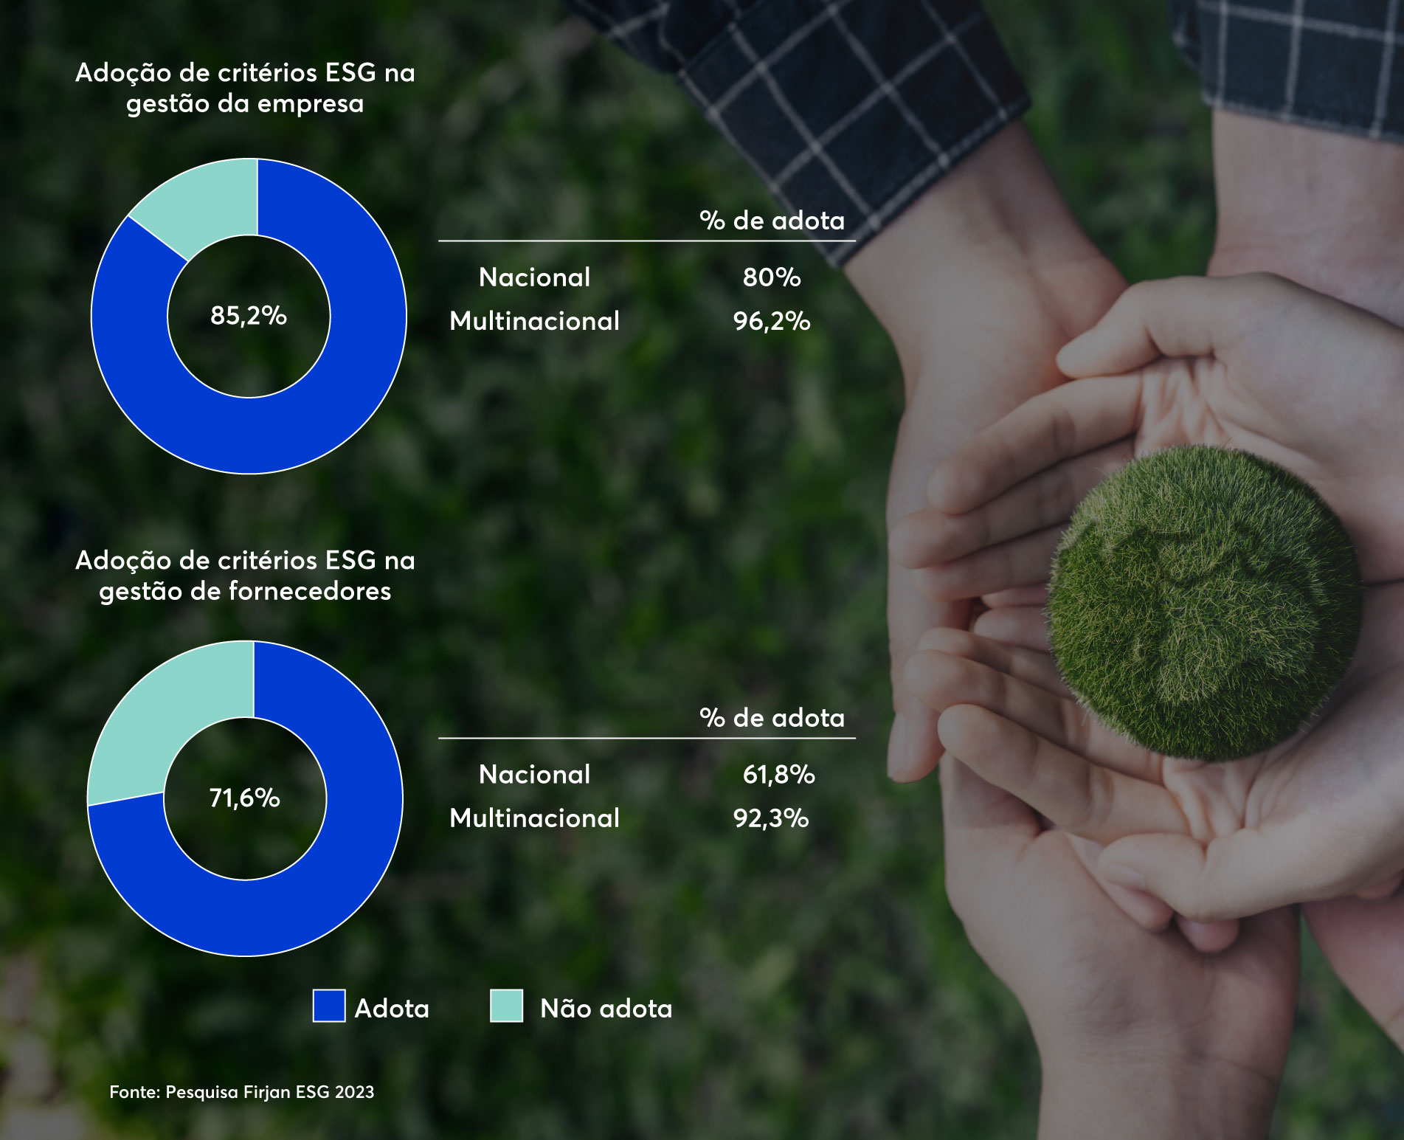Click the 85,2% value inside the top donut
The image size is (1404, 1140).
click(x=248, y=316)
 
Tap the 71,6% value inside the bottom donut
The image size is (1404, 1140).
click(x=244, y=798)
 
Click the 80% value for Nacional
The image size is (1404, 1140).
click(x=771, y=277)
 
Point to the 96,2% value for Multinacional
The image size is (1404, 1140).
click(x=771, y=321)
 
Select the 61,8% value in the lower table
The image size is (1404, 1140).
click(x=778, y=774)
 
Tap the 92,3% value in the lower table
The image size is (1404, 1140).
click(x=771, y=818)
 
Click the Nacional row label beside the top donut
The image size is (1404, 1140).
click(x=534, y=277)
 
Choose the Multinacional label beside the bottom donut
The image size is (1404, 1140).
click(x=534, y=818)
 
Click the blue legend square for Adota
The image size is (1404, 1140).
click(x=329, y=1006)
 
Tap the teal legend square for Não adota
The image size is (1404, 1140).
click(x=506, y=1006)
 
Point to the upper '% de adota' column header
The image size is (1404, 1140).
click(x=772, y=221)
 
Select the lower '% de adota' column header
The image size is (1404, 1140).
click(x=772, y=718)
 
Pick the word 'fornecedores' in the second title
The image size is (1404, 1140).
click(x=310, y=591)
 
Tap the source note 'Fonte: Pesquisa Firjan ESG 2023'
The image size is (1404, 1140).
click(x=241, y=1092)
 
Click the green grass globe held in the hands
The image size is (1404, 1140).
click(x=1203, y=601)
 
